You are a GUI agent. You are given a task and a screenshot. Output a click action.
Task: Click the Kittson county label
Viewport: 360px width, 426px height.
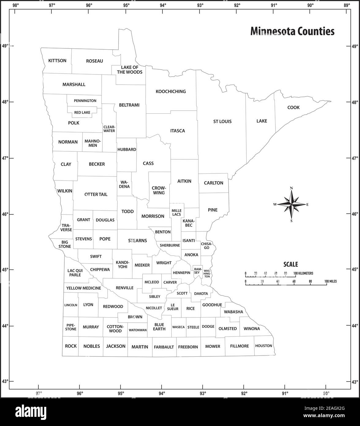pos(57,61)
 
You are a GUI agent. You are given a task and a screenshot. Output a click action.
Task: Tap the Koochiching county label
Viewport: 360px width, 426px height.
pos(171,91)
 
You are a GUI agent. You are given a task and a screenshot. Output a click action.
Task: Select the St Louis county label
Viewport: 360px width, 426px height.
pos(222,121)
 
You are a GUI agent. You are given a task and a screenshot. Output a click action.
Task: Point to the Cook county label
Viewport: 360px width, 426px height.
pos(294,108)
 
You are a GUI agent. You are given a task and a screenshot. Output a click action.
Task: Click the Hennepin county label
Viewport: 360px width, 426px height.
pos(182,272)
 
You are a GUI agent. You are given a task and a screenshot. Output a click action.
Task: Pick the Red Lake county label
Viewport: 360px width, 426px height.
pos(82,112)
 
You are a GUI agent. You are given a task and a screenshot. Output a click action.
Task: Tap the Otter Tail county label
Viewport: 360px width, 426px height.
pos(96,194)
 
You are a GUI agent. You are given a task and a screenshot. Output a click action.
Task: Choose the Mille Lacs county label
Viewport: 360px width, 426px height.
pos(176,212)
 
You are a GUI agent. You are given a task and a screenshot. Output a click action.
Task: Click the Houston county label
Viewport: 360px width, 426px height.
pos(263,346)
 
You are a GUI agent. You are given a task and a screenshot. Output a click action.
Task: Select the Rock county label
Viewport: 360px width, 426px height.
pos(71,346)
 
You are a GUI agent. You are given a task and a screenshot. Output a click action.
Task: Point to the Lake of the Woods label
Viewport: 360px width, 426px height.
pos(130,70)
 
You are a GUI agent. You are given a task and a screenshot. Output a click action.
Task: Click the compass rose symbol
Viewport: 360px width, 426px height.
pos(291,204)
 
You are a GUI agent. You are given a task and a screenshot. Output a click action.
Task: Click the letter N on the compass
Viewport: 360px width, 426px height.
pos(291,188)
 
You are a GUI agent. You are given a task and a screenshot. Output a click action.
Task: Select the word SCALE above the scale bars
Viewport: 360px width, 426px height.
pos(290,264)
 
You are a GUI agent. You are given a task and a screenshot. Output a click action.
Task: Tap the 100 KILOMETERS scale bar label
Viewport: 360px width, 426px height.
pos(303,273)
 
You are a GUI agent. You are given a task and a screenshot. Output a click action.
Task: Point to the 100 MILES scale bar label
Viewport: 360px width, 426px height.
pos(330,281)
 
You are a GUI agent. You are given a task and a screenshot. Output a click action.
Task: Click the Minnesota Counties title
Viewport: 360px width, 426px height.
pos(292,31)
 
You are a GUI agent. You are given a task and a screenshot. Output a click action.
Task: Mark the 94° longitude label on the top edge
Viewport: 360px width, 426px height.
pos(163,5)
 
